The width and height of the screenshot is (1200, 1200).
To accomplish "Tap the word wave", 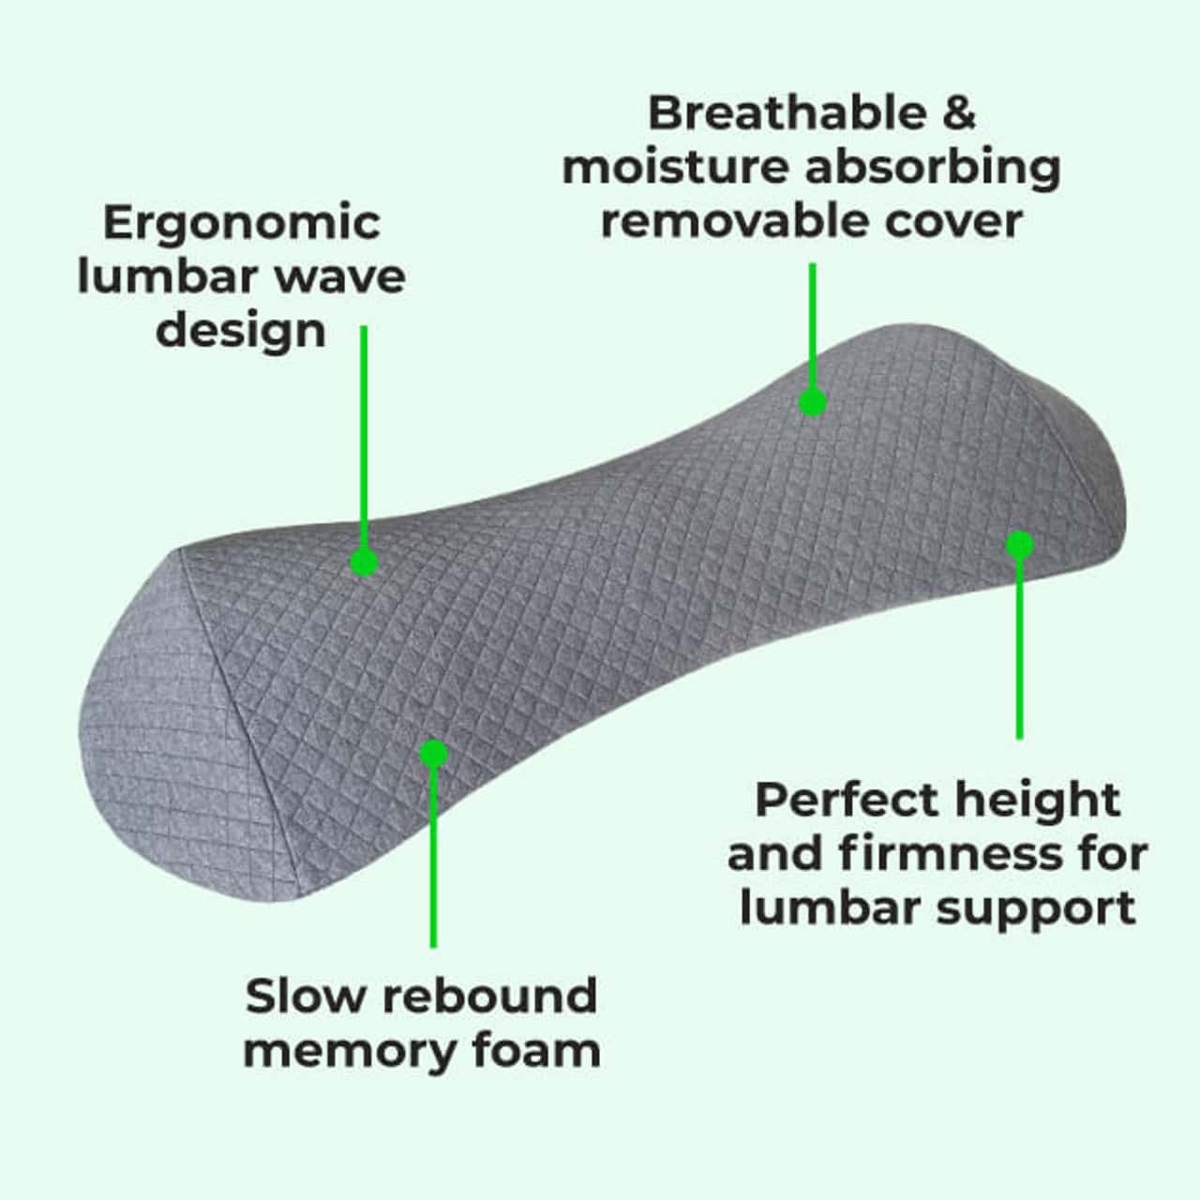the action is (340, 279).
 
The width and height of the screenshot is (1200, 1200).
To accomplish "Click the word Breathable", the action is (787, 113).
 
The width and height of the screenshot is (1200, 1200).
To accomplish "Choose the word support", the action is (1036, 911).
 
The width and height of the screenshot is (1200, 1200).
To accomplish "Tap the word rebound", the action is (490, 997).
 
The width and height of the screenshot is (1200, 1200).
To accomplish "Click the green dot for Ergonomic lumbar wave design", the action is (365, 562).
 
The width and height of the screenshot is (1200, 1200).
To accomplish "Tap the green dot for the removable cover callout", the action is (813, 401).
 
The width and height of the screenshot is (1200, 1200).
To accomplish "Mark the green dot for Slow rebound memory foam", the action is (434, 754).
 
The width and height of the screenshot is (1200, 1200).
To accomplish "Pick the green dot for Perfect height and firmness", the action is (1020, 546).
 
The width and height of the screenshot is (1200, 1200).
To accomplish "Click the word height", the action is (1038, 802).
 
